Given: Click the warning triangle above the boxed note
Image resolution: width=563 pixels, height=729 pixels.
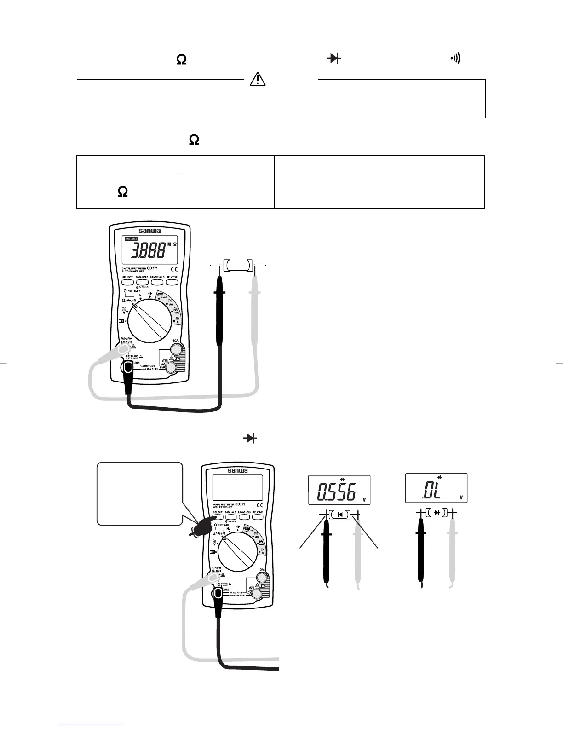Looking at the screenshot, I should pos(259,79).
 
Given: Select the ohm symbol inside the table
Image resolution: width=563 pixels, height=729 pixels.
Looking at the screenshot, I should pos(123,192).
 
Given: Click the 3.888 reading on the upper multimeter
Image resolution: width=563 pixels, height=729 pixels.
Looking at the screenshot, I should pos(148,250).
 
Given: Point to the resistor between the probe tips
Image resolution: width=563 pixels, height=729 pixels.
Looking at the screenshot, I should pos(238,266).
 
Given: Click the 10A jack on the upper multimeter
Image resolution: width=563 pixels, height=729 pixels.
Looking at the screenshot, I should pos(176,348).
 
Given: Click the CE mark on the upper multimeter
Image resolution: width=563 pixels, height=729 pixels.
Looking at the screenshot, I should pos(175,269).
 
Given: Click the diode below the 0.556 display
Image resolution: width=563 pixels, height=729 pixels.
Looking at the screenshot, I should pos(339,515).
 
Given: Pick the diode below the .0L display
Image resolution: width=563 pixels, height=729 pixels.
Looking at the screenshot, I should pos(435,512).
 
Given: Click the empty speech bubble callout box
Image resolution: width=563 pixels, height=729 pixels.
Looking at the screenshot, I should pos(139,493).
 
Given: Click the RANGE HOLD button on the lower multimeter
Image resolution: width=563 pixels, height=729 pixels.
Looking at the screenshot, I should pos(244,517).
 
